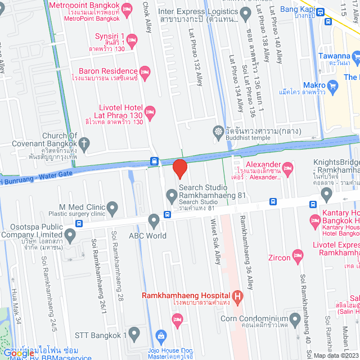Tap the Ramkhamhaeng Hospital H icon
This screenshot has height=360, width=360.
[x=238, y=296]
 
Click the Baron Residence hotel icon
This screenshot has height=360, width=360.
[x=145, y=71]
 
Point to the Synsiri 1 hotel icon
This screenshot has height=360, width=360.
[x=132, y=39]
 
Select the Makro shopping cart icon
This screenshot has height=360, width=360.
[x=333, y=86]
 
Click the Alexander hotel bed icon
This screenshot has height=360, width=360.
[x=287, y=167]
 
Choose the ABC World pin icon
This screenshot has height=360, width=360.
[x=154, y=220]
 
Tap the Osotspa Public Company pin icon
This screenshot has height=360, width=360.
[x=70, y=235]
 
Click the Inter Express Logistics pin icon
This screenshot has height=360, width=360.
[x=245, y=12]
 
